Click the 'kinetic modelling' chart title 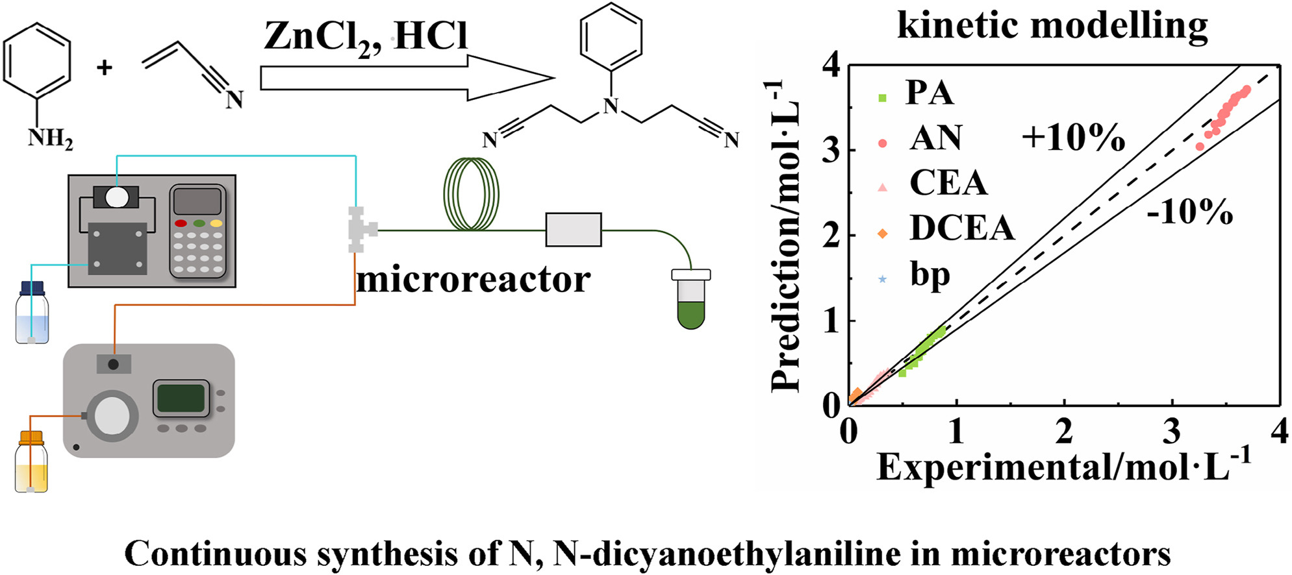point(1052,27)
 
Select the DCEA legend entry point(961,228)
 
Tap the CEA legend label point(948,183)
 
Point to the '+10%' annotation point(1073,138)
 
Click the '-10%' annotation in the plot point(1189,212)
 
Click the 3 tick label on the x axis point(1172,431)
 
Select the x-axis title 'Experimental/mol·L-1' point(1063,466)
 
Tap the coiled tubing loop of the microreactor point(471,195)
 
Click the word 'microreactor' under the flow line point(473,280)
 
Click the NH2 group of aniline point(50,138)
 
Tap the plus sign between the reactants point(105,67)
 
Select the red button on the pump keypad point(181,223)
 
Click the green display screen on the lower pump point(181,398)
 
